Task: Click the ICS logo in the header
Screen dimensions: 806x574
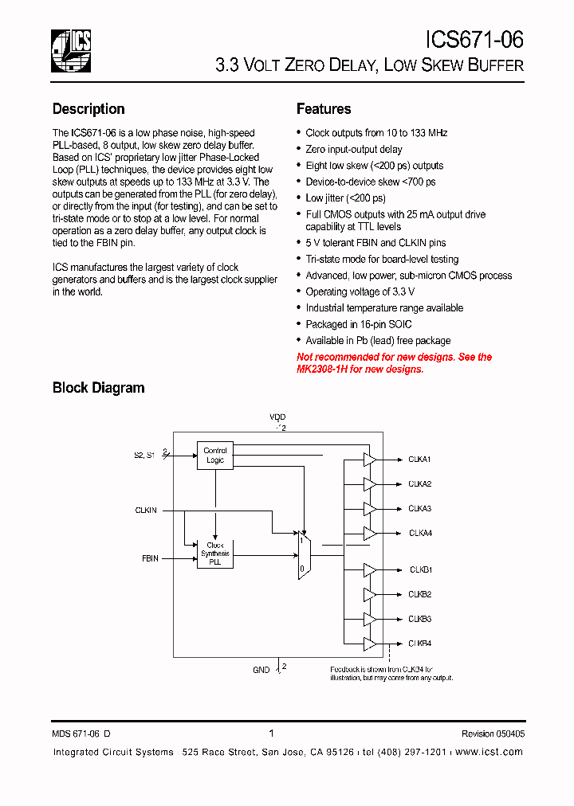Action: pos(71,50)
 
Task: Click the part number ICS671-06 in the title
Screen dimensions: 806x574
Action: pos(474,40)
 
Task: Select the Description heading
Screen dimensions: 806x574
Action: pos(88,109)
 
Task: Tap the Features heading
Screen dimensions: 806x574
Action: pos(324,109)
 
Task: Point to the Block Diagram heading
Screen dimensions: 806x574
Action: pos(98,388)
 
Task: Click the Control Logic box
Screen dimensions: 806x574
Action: pos(215,456)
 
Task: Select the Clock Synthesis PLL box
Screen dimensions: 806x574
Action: pos(214,554)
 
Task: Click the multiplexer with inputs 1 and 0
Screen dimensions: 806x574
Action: pos(303,554)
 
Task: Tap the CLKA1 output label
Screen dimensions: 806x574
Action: pos(419,460)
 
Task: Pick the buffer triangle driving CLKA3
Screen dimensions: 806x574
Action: pos(369,508)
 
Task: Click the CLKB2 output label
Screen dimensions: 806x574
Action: pos(420,594)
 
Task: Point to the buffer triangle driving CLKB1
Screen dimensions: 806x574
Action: pos(369,569)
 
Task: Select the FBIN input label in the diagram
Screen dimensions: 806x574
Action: pos(150,559)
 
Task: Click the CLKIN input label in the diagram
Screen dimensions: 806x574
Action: pos(146,510)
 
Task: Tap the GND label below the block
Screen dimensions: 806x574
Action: pos(261,671)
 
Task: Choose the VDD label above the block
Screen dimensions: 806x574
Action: pos(277,417)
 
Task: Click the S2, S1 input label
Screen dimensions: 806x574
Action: pos(144,456)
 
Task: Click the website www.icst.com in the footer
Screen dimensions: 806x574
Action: pos(490,753)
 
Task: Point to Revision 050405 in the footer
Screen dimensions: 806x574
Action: pos(493,734)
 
